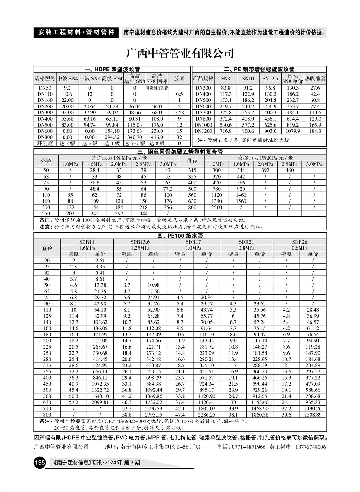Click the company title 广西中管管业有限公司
point(180,53)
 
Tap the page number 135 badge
point(40,462)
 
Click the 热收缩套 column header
point(315,78)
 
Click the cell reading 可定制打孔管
point(157,88)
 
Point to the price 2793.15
point(153,415)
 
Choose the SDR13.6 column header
point(140,242)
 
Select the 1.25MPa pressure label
point(140,248)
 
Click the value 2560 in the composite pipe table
point(217,207)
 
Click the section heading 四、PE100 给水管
point(180,236)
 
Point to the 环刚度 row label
point(45,143)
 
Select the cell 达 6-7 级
point(135,143)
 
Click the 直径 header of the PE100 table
point(47,248)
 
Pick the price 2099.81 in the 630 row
point(100,402)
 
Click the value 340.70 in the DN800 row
point(135,137)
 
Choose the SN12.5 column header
point(270,78)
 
